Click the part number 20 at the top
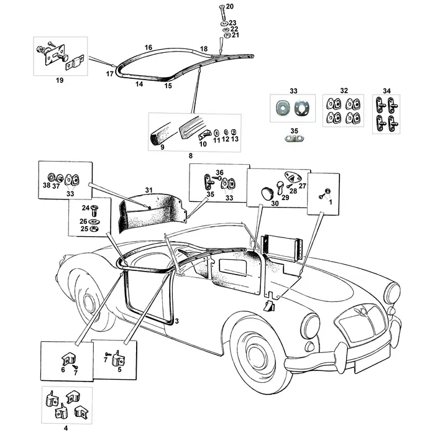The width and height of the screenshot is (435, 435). pyautogui.click(x=229, y=6)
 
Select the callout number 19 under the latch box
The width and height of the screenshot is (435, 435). pyautogui.click(x=60, y=81)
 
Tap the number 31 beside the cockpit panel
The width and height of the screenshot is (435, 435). pyautogui.click(x=149, y=190)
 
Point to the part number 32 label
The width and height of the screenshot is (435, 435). pyautogui.click(x=344, y=90)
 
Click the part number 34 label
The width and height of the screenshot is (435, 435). pyautogui.click(x=386, y=90)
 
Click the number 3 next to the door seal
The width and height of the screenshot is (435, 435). pyautogui.click(x=176, y=321)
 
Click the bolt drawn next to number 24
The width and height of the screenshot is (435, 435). pyautogui.click(x=95, y=210)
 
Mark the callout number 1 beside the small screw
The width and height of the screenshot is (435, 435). pyautogui.click(x=331, y=201)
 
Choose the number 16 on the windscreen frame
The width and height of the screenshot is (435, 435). pyautogui.click(x=148, y=47)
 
